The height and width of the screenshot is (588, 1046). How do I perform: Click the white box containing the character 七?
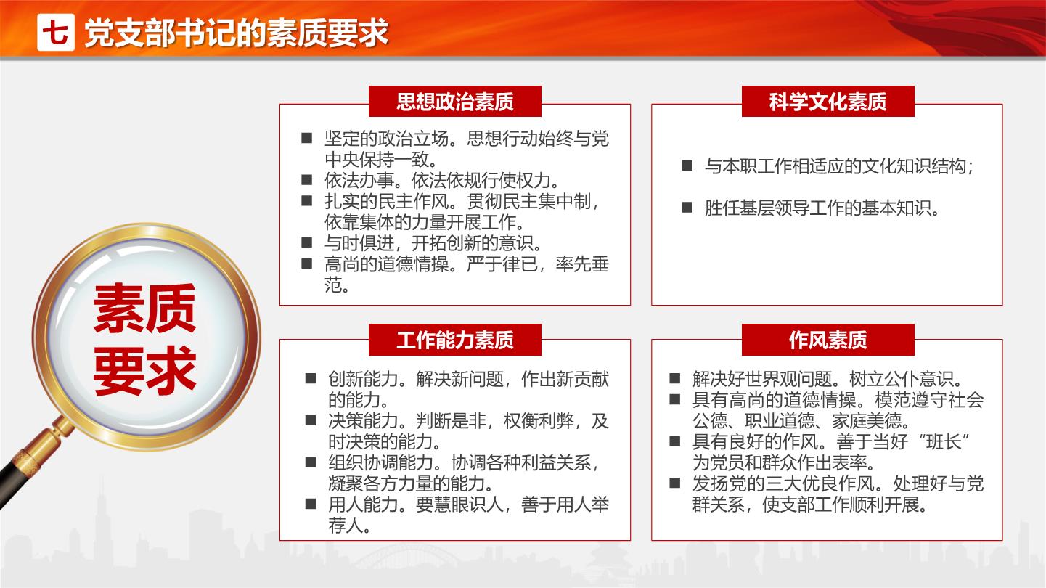(56, 32)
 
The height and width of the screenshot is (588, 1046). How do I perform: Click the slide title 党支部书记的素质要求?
(237, 33)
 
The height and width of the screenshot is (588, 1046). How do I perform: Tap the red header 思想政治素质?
(455, 102)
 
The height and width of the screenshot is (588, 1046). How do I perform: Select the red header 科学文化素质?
(828, 102)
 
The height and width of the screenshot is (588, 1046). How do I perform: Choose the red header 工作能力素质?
(455, 340)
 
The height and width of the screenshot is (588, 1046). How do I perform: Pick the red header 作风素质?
(828, 340)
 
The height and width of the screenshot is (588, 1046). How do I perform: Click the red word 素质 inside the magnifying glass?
(144, 309)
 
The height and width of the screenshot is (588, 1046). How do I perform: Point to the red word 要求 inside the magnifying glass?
(144, 370)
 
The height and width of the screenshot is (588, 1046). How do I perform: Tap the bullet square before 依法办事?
(307, 180)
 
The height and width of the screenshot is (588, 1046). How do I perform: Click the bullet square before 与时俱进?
(307, 242)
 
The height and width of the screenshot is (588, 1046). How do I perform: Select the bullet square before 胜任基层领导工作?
(687, 207)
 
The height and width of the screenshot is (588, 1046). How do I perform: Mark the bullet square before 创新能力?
(311, 378)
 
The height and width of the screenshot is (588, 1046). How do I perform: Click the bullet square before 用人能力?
(311, 504)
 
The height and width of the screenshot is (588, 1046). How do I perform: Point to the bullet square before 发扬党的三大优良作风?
(675, 483)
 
